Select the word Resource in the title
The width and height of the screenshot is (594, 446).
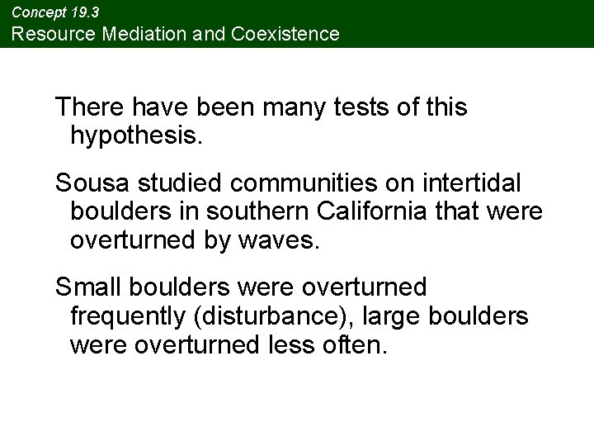point(49,34)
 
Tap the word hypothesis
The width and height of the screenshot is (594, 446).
point(135,135)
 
